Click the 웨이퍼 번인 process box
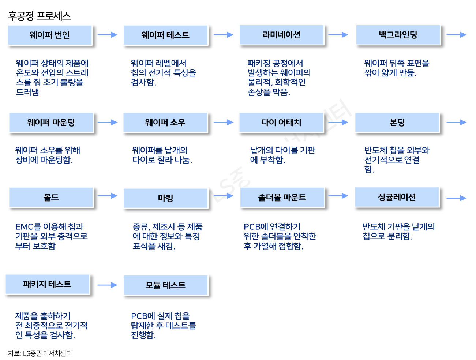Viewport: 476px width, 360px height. click(50, 35)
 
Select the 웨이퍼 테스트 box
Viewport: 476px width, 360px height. click(165, 35)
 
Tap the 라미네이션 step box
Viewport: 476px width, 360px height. click(281, 35)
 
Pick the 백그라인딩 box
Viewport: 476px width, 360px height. click(398, 35)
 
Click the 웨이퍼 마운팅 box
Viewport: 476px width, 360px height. click(51, 123)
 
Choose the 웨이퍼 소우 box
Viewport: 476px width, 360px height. click(165, 123)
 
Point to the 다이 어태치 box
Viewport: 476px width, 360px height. click(281, 123)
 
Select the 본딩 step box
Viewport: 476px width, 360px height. click(397, 123)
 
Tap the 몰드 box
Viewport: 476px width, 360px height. click(51, 198)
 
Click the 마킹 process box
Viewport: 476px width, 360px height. click(165, 198)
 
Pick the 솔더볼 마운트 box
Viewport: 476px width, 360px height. click(282, 198)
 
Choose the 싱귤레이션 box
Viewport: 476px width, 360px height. click(397, 197)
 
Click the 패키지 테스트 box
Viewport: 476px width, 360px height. click(47, 284)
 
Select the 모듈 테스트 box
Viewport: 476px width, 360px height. click(165, 285)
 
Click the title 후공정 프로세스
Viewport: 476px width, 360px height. click(40, 16)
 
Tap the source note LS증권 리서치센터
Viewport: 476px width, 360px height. click(40, 353)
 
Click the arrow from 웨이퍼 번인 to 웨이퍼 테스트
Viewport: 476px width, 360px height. click(108, 35)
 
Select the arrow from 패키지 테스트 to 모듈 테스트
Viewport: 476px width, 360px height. click(108, 285)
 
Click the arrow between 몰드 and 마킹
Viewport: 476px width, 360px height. click(108, 196)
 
